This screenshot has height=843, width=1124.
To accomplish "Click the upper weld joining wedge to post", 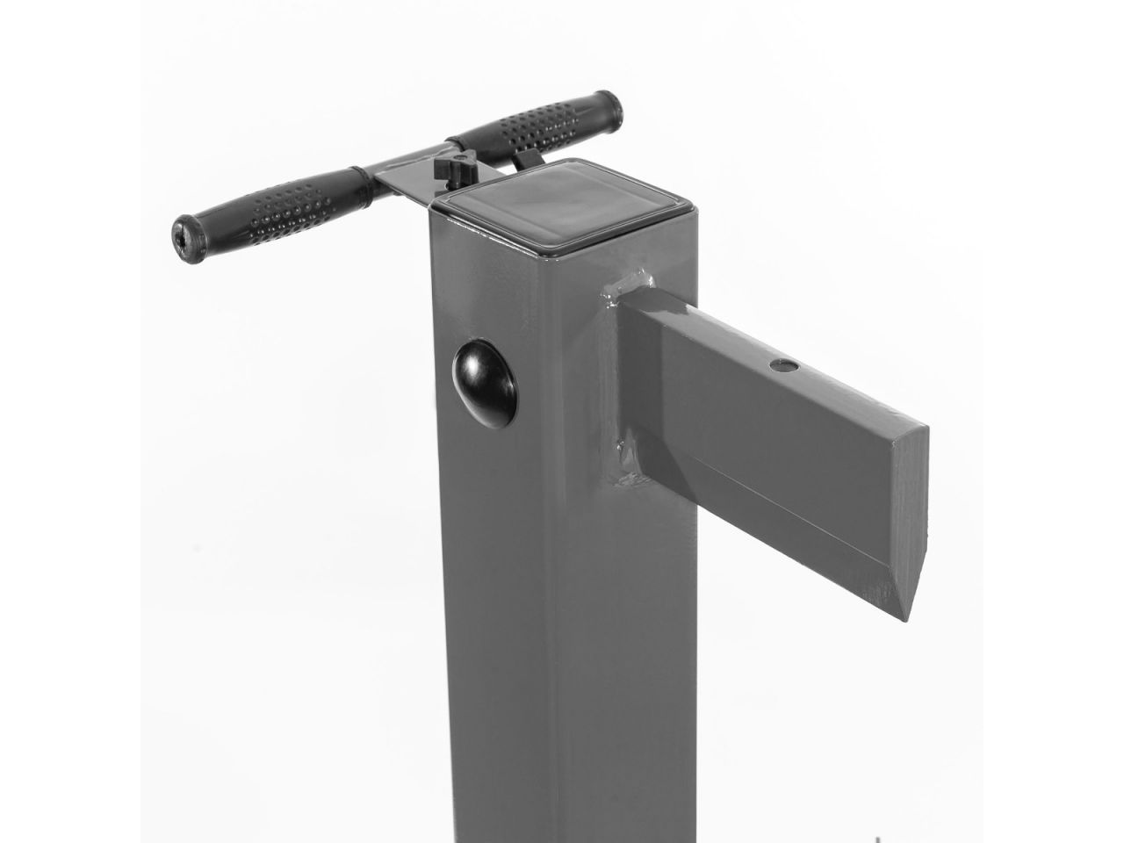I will click(625, 285).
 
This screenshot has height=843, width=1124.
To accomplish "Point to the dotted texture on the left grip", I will click(281, 206).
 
